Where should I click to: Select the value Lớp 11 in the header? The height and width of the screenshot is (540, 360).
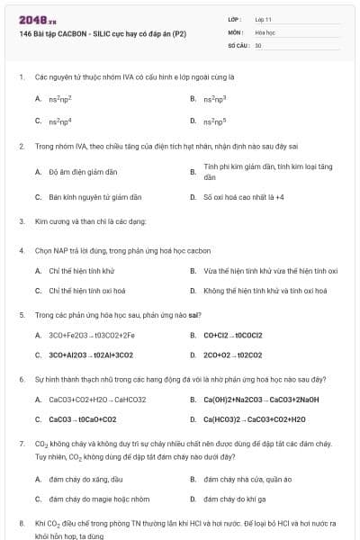[265, 18]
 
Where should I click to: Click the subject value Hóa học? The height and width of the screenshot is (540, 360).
[265, 31]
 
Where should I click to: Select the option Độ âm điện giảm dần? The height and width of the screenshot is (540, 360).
[83, 171]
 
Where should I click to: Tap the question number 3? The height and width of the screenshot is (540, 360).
[21, 220]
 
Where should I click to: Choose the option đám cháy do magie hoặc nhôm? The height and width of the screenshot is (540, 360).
[99, 499]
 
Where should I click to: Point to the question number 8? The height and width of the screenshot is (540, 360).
[21, 523]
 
